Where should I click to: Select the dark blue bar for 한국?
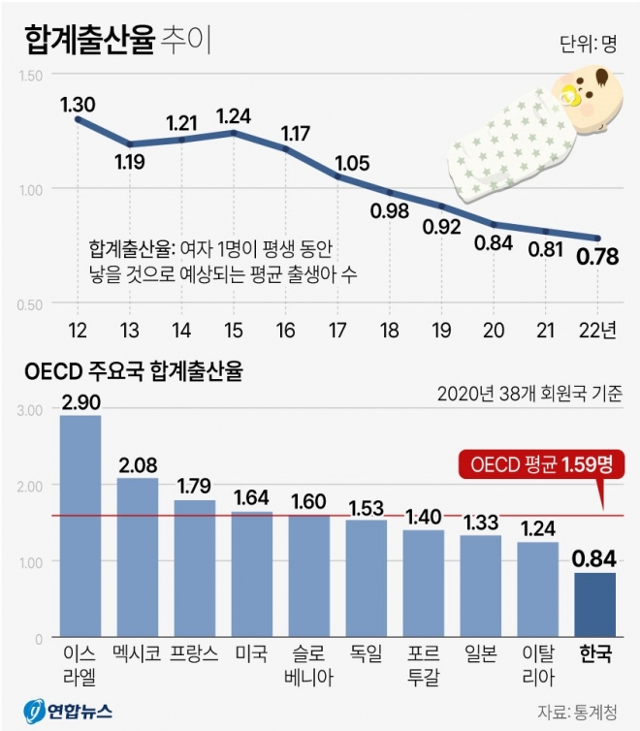tap(594, 605)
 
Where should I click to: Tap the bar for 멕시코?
tap(138, 557)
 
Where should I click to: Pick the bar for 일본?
tap(480, 587)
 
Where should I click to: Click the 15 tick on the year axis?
tap(234, 331)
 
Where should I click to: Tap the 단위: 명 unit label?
tap(589, 44)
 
